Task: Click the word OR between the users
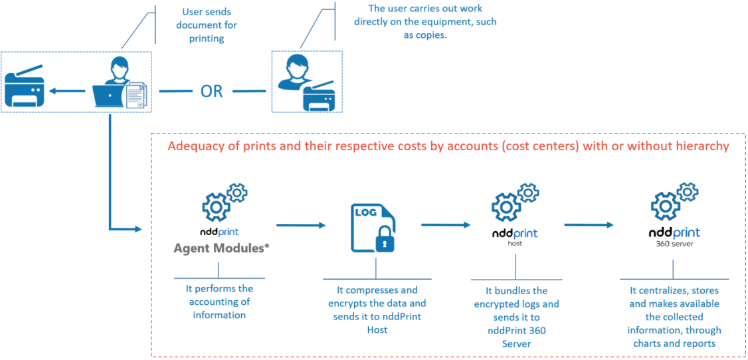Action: click(x=212, y=91)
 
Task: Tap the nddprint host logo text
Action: click(x=515, y=234)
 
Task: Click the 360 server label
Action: click(x=674, y=244)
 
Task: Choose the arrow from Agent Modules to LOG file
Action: click(x=301, y=225)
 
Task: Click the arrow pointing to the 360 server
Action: click(x=589, y=225)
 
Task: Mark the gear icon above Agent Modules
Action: click(x=223, y=203)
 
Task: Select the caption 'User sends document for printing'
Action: click(x=206, y=25)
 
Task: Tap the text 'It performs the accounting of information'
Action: click(x=219, y=302)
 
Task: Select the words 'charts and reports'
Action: click(x=674, y=343)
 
